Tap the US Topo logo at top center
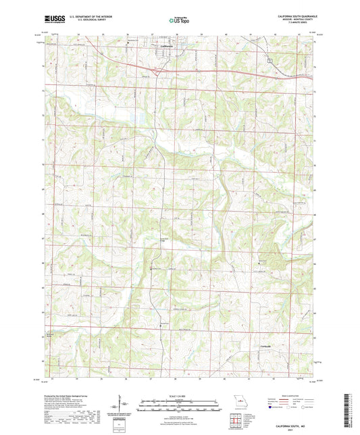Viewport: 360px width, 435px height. pyautogui.click(x=179, y=21)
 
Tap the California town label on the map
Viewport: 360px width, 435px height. pyautogui.click(x=166, y=46)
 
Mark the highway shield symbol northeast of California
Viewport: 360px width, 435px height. pyautogui.click(x=269, y=61)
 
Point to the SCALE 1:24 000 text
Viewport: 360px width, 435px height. pyautogui.click(x=179, y=396)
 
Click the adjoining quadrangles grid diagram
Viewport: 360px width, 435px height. pyautogui.click(x=236, y=421)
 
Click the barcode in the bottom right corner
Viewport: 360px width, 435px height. pyautogui.click(x=349, y=412)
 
